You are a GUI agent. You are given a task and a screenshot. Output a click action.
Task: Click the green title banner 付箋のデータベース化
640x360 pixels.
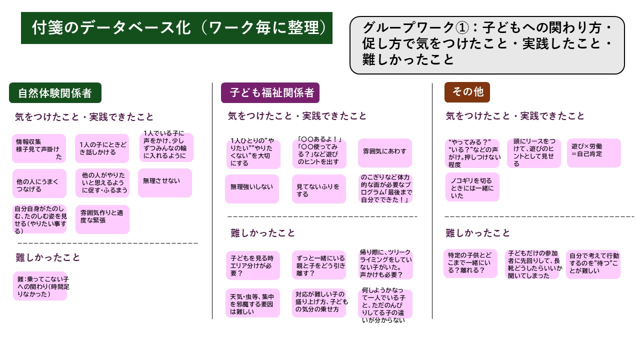[x=176, y=28]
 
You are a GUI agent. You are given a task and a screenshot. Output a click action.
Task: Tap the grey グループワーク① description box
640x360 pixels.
[x=487, y=45]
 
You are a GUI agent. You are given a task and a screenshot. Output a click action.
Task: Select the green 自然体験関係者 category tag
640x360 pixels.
[x=55, y=93]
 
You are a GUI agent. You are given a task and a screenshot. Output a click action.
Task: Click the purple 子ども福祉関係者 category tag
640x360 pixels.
[x=270, y=92]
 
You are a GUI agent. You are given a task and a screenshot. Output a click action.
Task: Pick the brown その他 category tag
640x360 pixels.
[x=467, y=92]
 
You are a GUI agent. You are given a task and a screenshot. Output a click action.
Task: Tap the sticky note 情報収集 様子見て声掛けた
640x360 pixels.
[x=39, y=148]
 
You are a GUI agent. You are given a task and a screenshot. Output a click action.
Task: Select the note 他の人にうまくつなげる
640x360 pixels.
[x=39, y=184]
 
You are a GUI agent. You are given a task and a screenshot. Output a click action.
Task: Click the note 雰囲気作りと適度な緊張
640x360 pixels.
[x=102, y=219]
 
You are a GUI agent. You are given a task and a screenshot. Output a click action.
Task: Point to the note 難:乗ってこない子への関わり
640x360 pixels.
[x=40, y=286]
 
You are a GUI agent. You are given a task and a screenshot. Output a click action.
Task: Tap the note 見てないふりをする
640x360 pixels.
[x=319, y=189]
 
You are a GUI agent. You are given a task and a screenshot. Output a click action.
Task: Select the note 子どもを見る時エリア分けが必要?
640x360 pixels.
[x=252, y=265]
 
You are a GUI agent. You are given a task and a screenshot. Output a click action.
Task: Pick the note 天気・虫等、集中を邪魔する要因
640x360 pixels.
[x=252, y=303]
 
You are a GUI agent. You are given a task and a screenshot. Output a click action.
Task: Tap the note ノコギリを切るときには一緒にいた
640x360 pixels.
[x=472, y=187]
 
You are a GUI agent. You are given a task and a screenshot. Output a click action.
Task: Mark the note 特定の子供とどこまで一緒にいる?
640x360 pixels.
[x=470, y=263]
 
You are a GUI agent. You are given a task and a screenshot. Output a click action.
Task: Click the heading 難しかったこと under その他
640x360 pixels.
[x=478, y=233]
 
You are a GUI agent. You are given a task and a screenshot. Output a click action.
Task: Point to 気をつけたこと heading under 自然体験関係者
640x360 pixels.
[x=84, y=117]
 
